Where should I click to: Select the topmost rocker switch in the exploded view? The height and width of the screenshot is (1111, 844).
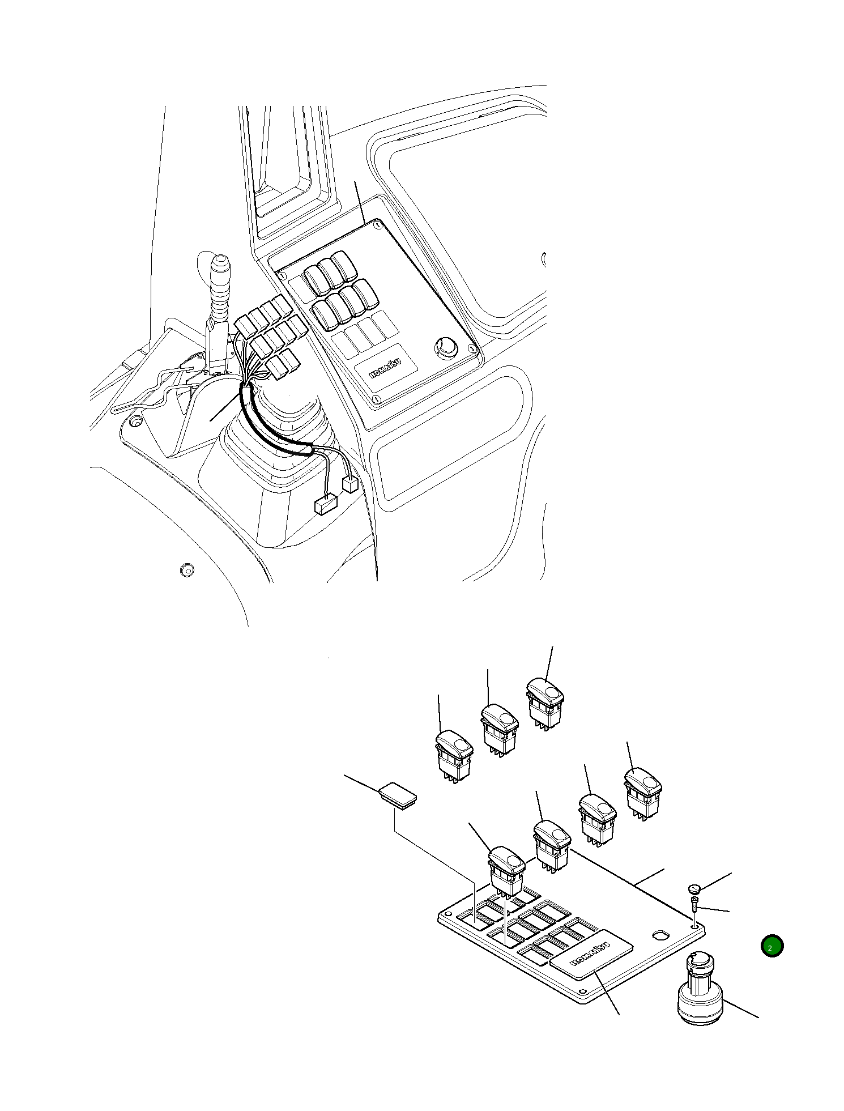coord(545,698)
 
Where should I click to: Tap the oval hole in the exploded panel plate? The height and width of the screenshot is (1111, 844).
coord(661,933)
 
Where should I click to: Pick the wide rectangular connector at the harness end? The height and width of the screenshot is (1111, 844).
coord(326,503)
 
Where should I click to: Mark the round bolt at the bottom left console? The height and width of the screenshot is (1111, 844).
coord(186,569)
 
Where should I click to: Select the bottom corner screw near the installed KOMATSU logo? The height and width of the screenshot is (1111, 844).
coord(376,401)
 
